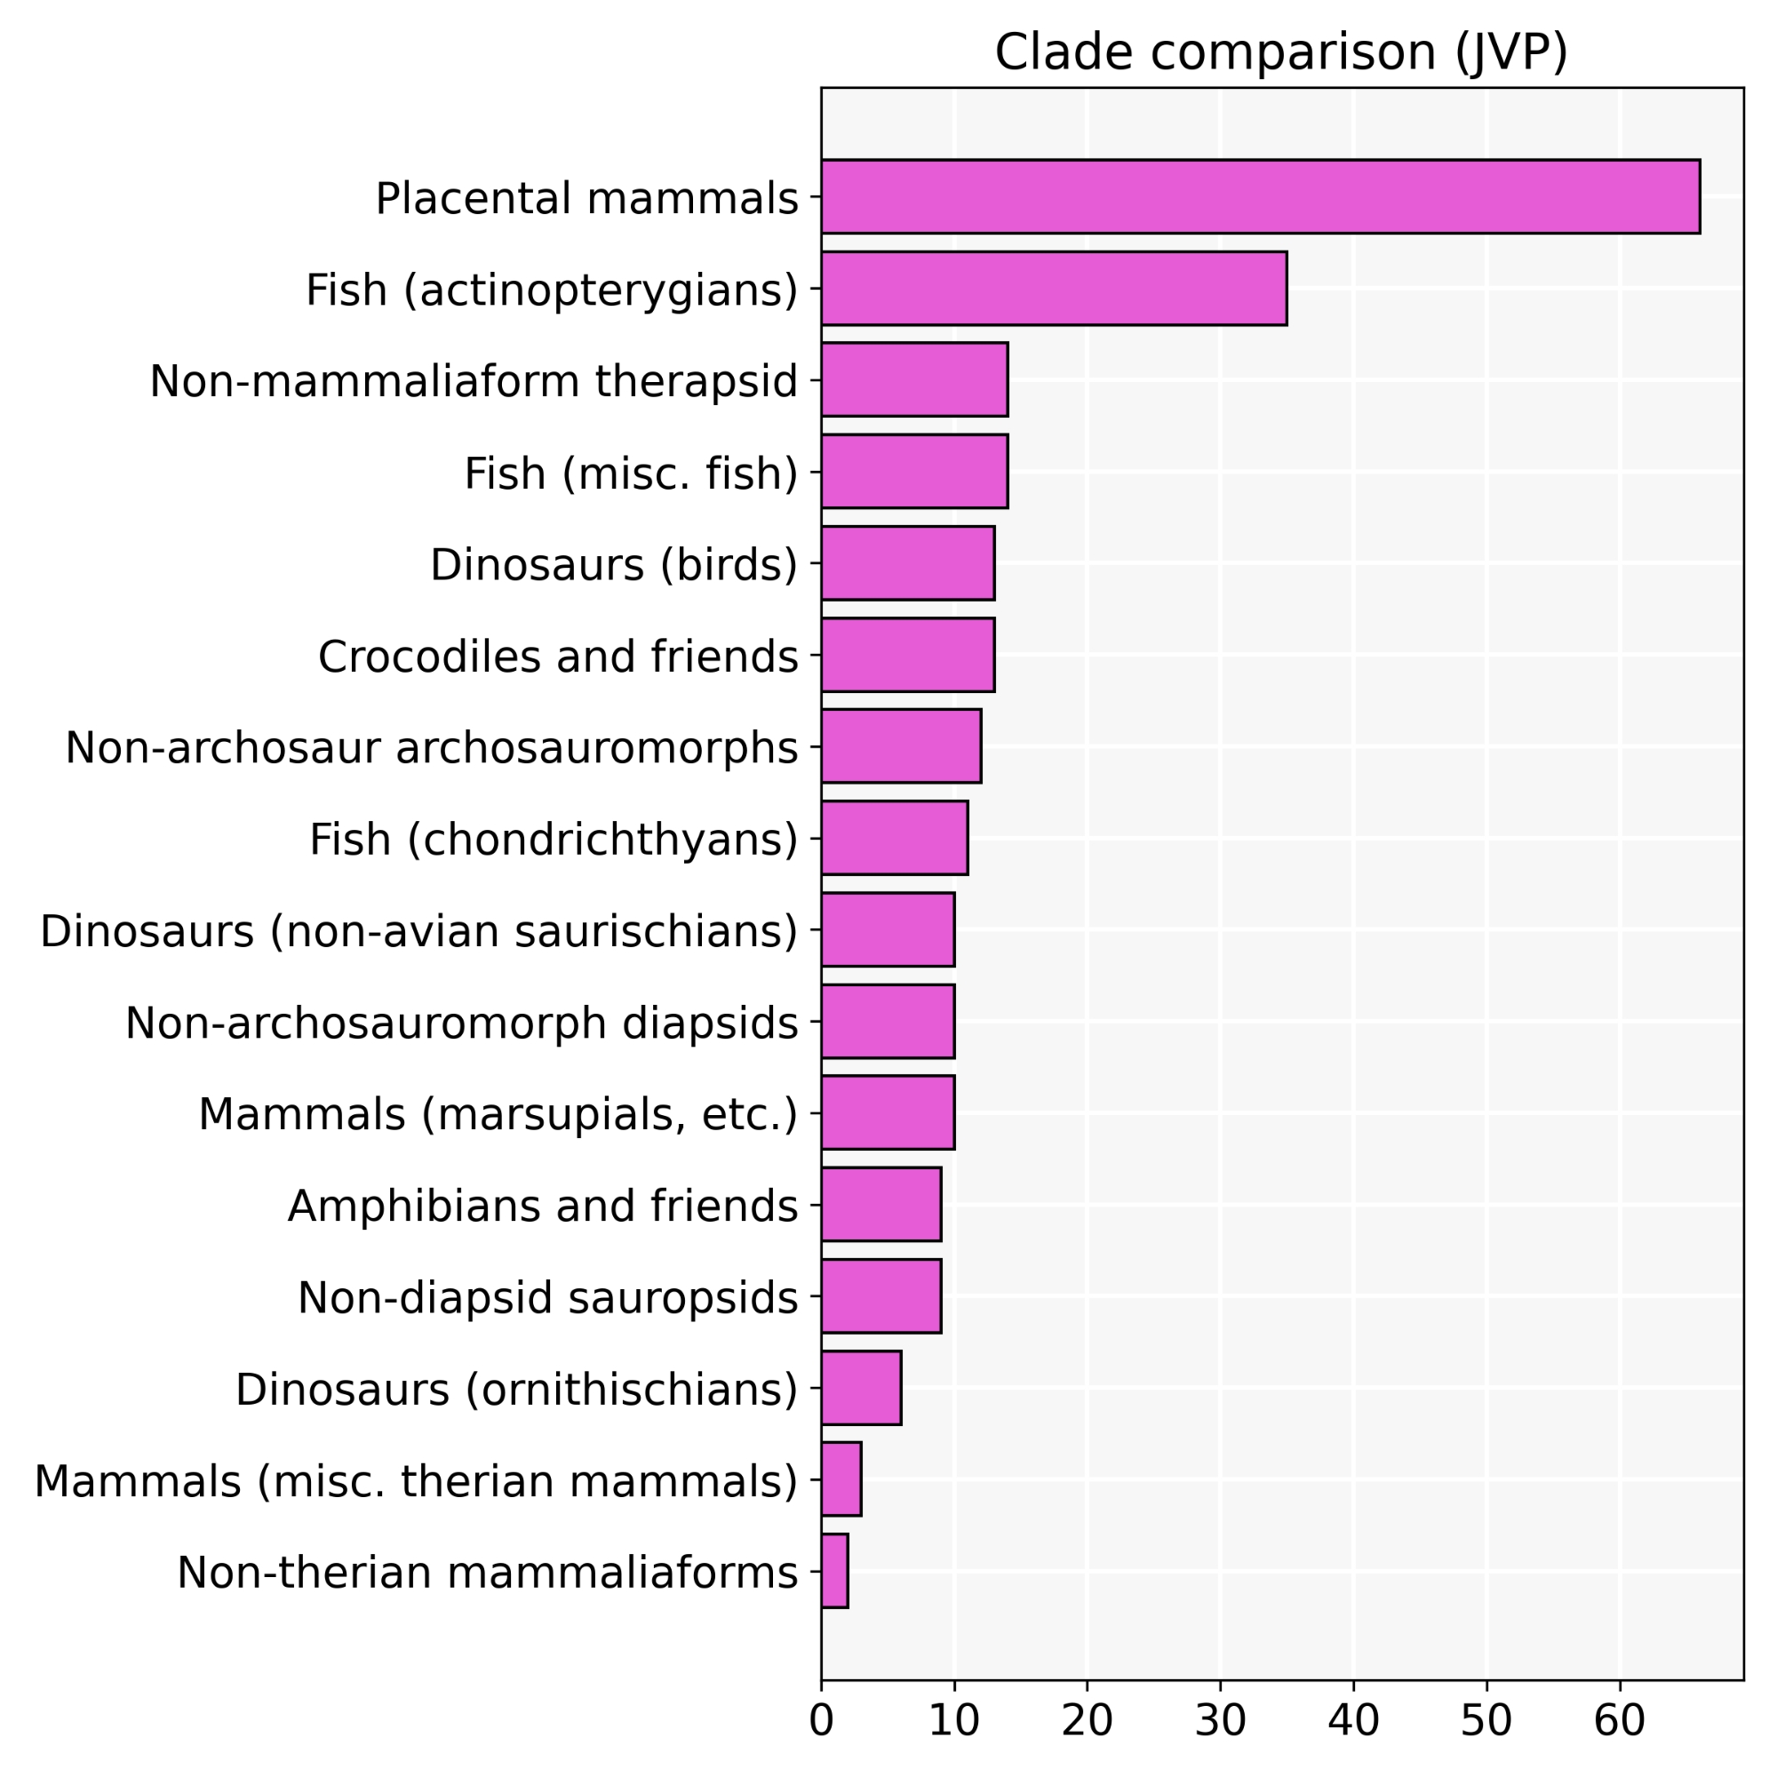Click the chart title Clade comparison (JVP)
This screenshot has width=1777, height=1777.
pyautogui.click(x=1281, y=52)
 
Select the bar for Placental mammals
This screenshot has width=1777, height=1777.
pyautogui.click(x=1260, y=197)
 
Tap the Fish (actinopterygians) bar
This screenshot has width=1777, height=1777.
pyautogui.click(x=1054, y=288)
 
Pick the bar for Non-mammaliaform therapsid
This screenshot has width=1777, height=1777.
pyautogui.click(x=914, y=380)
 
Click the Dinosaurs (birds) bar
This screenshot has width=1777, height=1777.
pyautogui.click(x=908, y=563)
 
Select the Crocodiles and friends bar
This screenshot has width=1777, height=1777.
pyautogui.click(x=908, y=655)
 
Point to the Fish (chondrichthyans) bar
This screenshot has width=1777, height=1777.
pyautogui.click(x=894, y=838)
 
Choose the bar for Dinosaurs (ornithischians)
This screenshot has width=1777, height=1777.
pyautogui.click(x=861, y=1388)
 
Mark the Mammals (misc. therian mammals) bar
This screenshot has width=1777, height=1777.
pyautogui.click(x=841, y=1479)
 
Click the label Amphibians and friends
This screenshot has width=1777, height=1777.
pyautogui.click(x=543, y=1206)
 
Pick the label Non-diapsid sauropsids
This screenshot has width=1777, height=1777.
pyautogui.click(x=547, y=1298)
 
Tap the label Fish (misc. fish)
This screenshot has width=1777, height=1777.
pyautogui.click(x=631, y=474)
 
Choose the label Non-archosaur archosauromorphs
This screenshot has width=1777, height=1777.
pyautogui.click(x=432, y=748)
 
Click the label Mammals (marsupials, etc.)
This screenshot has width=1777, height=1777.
pyautogui.click(x=498, y=1115)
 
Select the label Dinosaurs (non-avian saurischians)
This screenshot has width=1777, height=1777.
pyautogui.click(x=418, y=932)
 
